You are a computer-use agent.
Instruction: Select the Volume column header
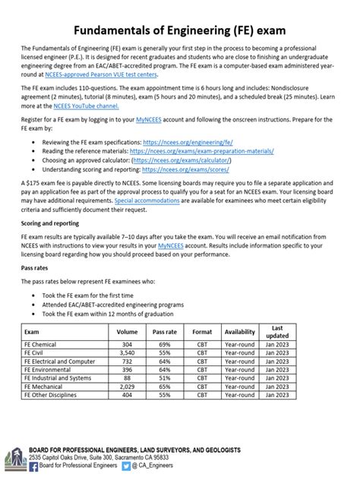127,353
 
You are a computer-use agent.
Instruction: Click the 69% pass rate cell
164,365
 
